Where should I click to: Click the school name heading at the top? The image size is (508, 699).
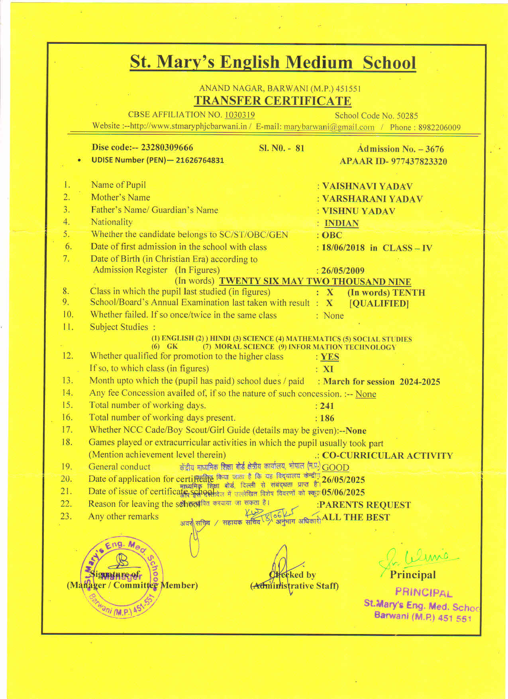[273, 63]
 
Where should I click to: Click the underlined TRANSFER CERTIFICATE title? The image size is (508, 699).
[273, 101]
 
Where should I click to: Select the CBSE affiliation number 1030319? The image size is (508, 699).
[240, 115]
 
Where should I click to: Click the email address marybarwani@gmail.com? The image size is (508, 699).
[329, 127]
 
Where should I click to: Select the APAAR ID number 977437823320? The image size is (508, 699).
[419, 161]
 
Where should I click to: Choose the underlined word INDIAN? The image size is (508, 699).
[341, 223]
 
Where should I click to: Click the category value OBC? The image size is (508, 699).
[332, 235]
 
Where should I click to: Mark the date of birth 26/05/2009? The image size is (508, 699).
[343, 271]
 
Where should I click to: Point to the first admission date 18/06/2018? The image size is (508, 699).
[343, 247]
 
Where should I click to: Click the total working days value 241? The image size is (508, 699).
[327, 406]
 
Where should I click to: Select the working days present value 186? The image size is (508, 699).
[327, 418]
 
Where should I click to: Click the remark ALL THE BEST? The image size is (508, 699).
[356, 517]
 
